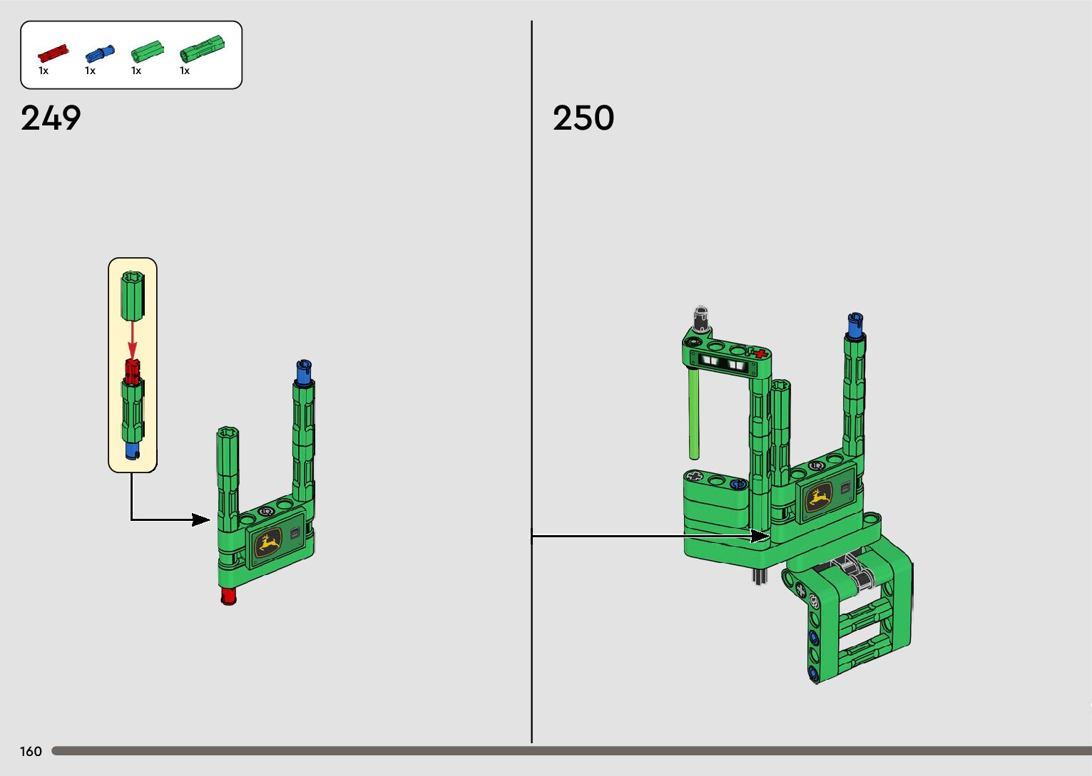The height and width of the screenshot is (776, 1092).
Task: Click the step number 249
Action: click(51, 118)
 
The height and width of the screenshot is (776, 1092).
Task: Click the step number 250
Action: click(583, 118)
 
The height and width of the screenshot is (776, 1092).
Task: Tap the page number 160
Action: click(31, 751)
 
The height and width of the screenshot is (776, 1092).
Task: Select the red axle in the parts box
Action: click(53, 53)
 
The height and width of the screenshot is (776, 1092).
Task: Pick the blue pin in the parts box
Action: click(100, 53)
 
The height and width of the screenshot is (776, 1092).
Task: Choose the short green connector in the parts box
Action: click(147, 51)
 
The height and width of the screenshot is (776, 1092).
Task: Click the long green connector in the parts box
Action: click(202, 48)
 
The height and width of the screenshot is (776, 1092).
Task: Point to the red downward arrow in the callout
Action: click(132, 340)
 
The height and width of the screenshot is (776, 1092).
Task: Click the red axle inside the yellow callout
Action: click(132, 371)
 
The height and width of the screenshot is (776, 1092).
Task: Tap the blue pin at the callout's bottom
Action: click(132, 450)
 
